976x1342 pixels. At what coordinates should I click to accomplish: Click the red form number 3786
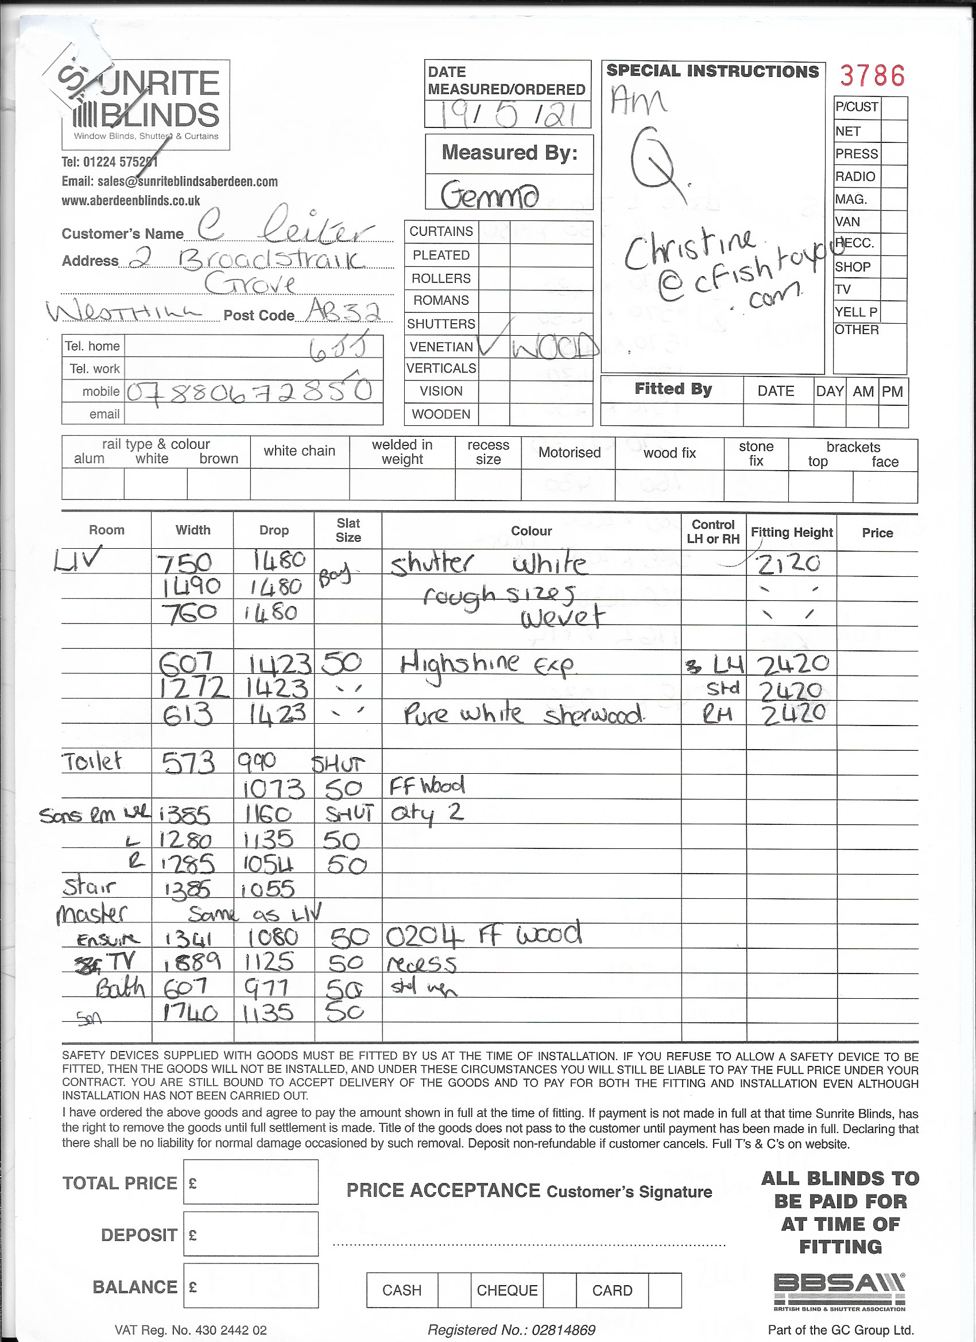(872, 76)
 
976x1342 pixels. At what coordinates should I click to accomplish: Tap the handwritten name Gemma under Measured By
(490, 195)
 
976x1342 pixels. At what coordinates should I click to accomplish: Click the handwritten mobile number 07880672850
(249, 391)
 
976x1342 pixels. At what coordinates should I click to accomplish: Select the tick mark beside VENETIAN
(491, 343)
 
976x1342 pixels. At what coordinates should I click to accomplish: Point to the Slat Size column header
(348, 530)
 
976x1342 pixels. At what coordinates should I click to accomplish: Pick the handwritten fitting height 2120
(789, 563)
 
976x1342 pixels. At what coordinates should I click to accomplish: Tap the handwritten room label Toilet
(92, 762)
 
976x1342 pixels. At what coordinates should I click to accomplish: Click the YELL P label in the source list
(856, 312)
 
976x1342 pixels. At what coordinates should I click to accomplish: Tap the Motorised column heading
(569, 453)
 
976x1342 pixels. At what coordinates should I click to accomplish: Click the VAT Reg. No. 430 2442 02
(191, 1329)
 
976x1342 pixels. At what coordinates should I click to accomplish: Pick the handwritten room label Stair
(90, 887)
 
